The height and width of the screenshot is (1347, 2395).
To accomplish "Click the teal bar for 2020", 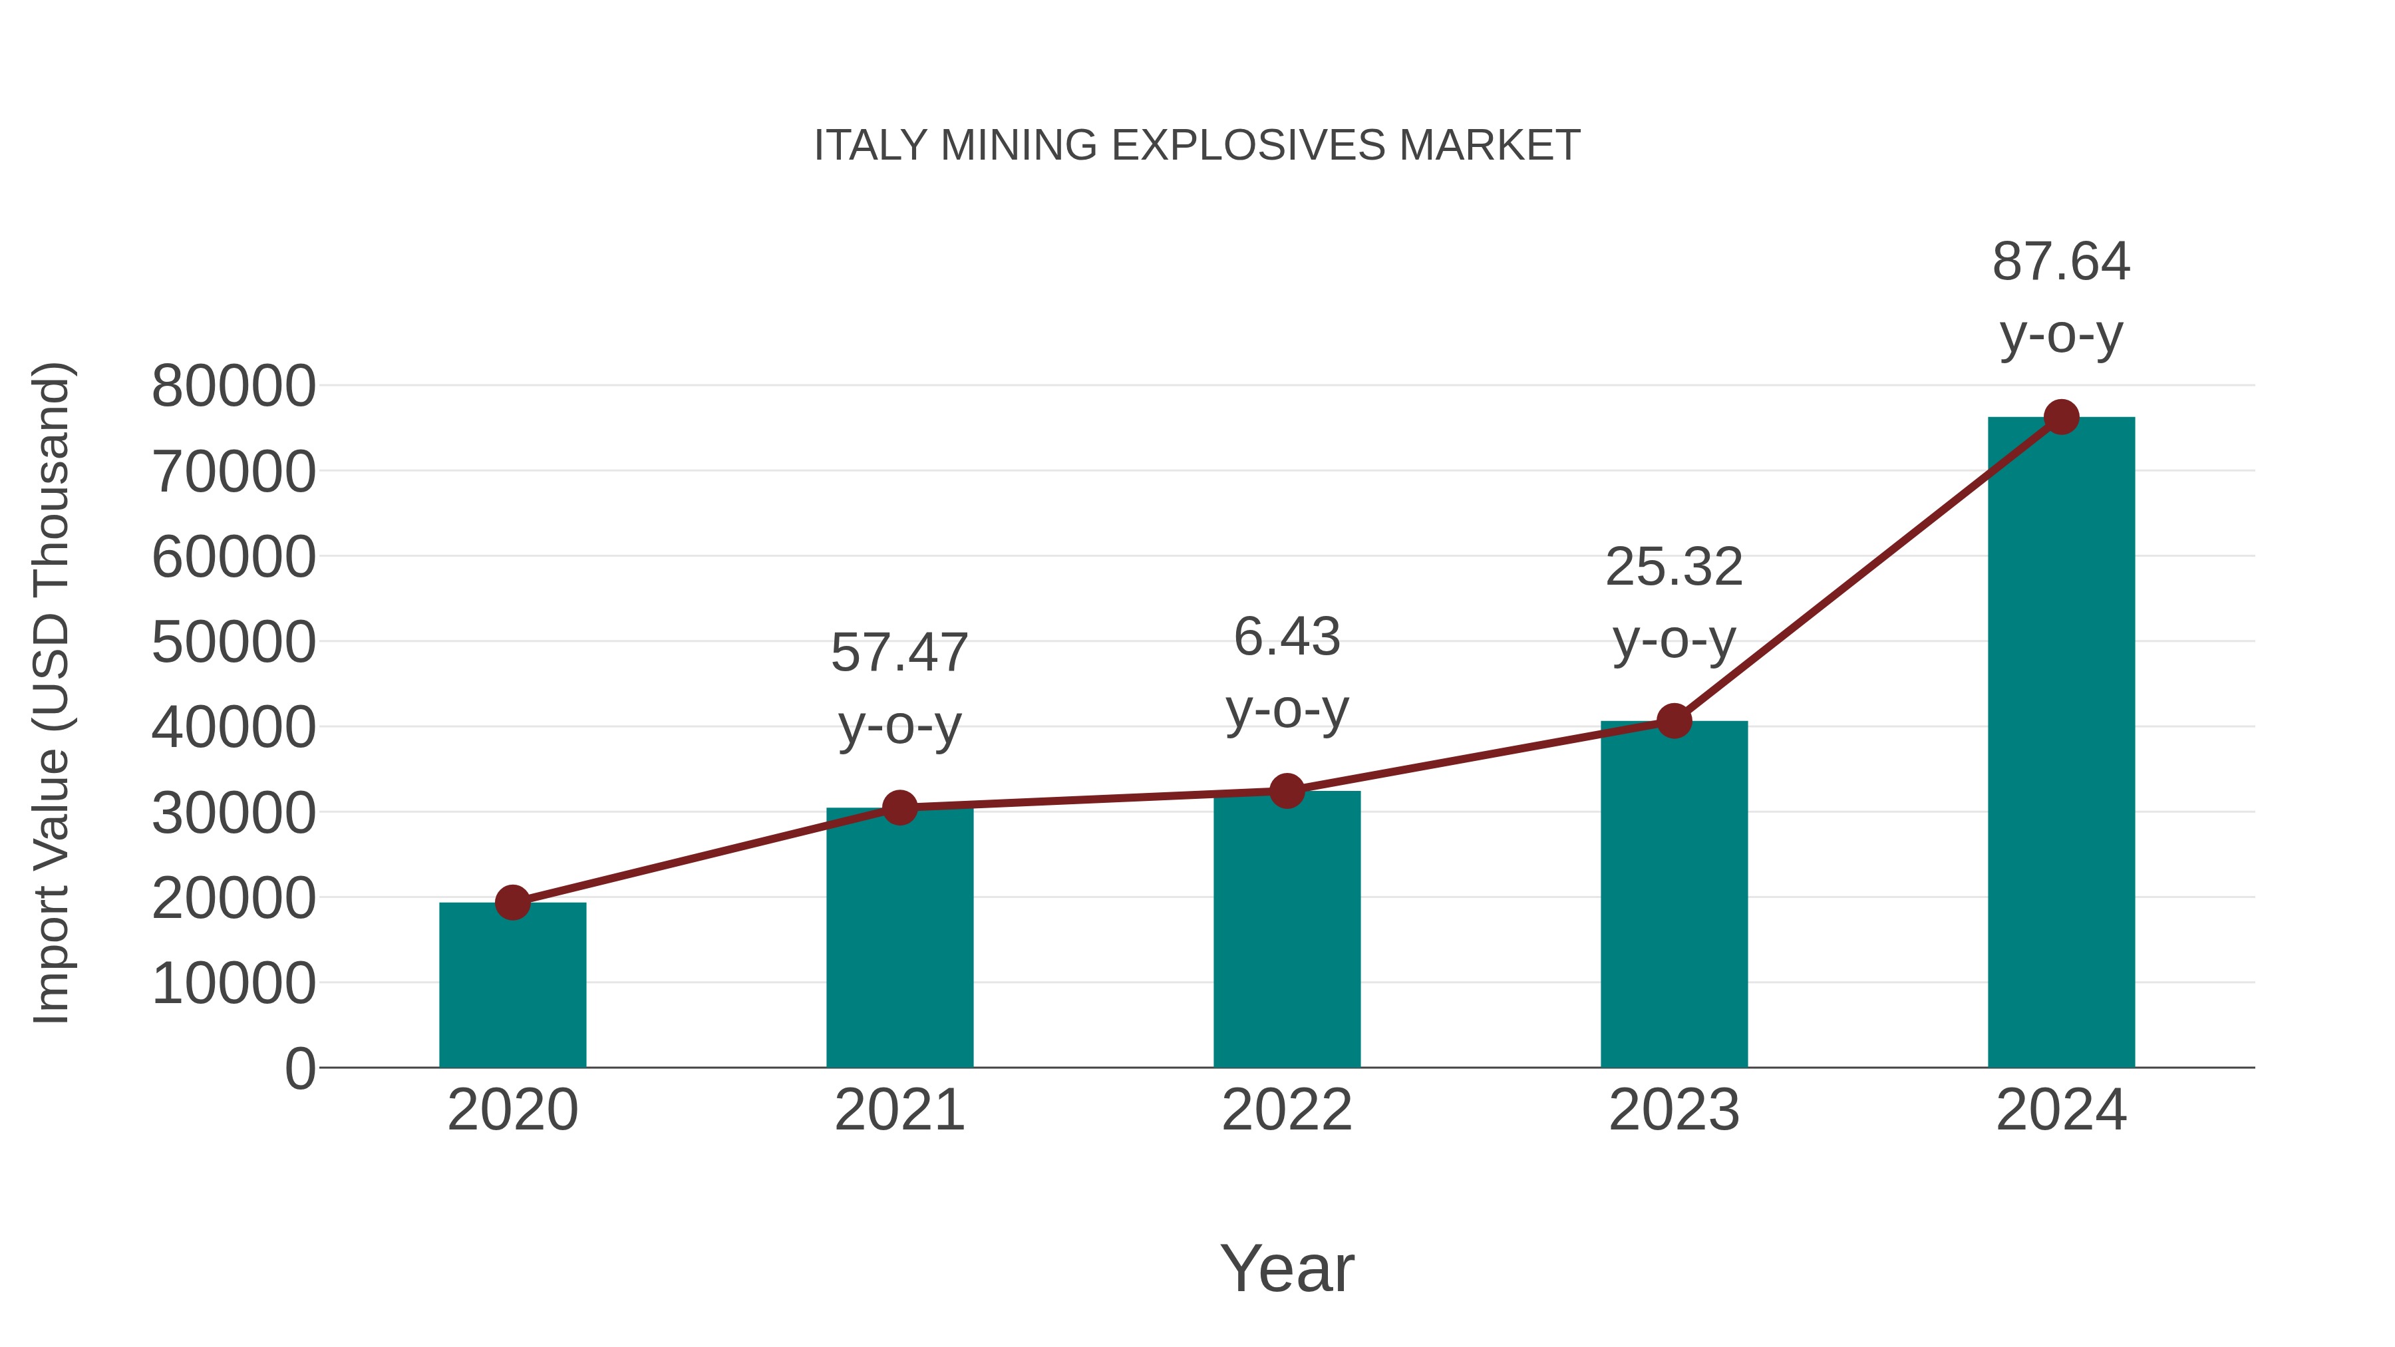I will point(512,985).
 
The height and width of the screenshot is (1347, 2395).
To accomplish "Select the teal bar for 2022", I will point(1287,930).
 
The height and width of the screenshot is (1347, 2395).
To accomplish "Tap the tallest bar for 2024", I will point(2061,744).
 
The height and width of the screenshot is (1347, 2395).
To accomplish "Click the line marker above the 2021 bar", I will point(899,808).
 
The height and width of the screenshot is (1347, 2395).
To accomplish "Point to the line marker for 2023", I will point(1674,720).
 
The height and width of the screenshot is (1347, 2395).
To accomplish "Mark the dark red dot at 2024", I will point(2061,417).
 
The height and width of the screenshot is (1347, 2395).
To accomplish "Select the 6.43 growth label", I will point(1287,673).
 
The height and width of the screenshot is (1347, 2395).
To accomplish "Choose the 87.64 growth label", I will point(2061,297).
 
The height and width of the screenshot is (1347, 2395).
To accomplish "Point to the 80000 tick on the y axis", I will point(234,386).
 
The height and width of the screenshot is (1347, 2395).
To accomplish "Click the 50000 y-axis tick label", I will point(234,643).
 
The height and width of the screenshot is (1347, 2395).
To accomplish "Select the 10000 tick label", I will point(234,984).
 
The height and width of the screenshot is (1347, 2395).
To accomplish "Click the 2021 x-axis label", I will point(899,1110).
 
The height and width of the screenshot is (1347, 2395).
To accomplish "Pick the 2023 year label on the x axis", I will point(1674,1110).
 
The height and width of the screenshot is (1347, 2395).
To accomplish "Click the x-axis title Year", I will point(1287,1268).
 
